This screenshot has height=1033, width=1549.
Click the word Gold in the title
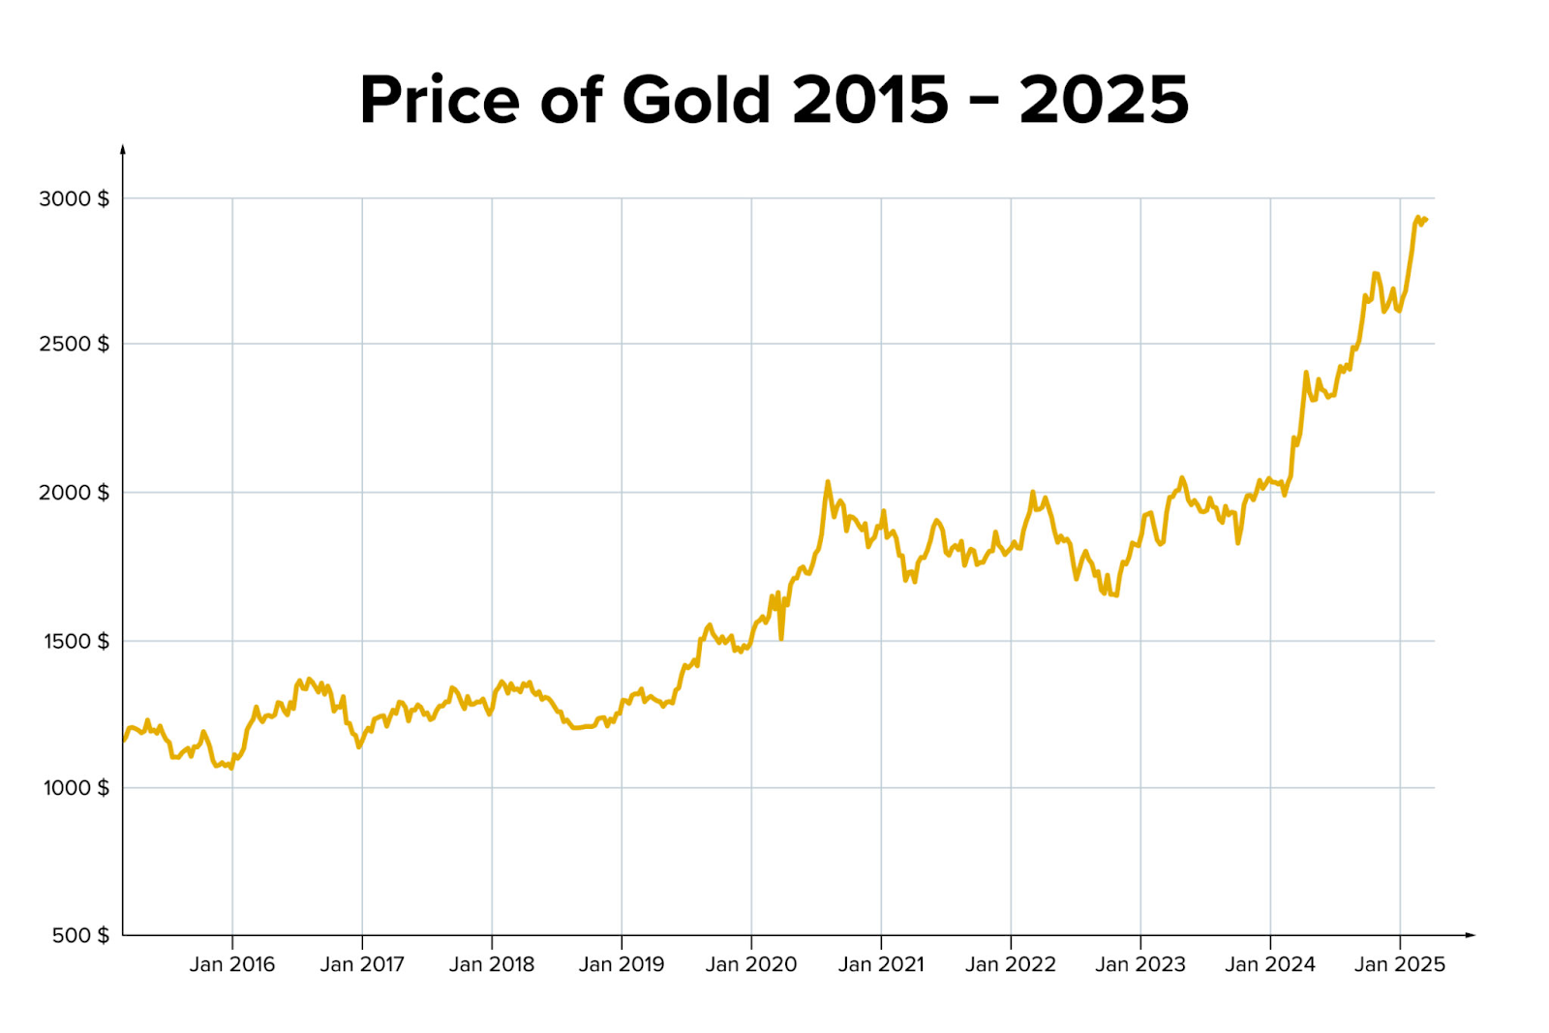[x=696, y=100]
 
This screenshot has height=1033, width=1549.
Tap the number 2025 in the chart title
[x=1104, y=100]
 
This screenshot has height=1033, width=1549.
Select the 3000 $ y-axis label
[x=74, y=198]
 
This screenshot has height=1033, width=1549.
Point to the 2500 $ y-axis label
[x=74, y=344]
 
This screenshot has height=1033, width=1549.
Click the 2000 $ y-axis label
[x=74, y=492]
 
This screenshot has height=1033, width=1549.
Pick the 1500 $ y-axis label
[x=76, y=641]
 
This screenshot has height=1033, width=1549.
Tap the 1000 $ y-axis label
[x=76, y=788]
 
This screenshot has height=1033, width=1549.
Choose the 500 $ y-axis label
[x=80, y=935]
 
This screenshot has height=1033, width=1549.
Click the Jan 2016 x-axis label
[x=232, y=964]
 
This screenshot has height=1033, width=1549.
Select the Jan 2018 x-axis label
[x=492, y=964]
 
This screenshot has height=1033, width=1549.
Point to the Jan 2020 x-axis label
[x=751, y=964]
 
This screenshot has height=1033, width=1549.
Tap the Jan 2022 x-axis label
[x=1011, y=964]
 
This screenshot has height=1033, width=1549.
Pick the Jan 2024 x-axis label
[x=1270, y=964]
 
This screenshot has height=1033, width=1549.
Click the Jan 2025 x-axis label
[x=1400, y=964]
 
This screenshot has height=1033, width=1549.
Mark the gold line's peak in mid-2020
[x=828, y=481]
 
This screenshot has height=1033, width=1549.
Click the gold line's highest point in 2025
[x=1418, y=218]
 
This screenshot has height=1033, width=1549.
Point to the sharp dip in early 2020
[x=781, y=638]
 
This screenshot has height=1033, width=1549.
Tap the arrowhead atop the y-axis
[x=123, y=149]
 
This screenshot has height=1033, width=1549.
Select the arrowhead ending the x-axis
[x=1470, y=935]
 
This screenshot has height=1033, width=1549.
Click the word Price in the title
[x=440, y=100]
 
